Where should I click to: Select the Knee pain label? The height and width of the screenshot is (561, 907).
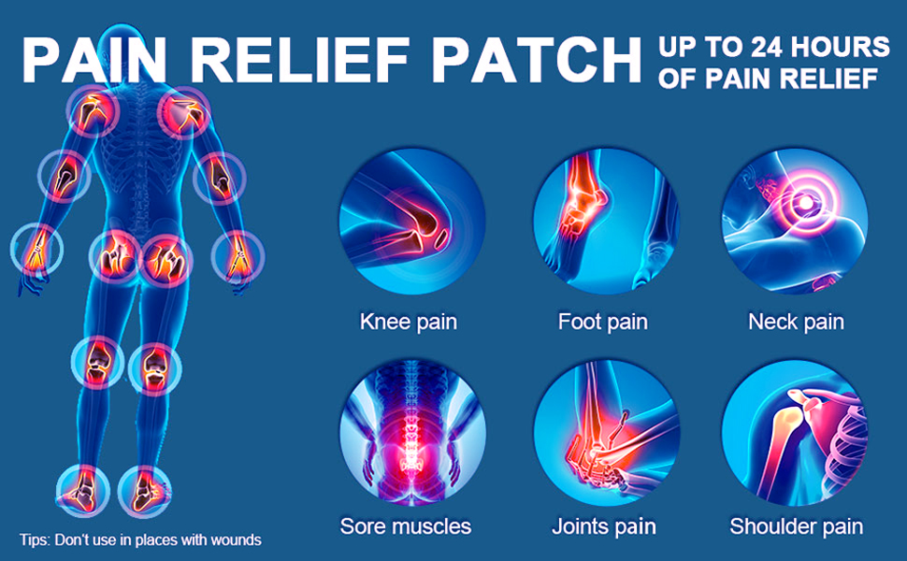(x=409, y=323)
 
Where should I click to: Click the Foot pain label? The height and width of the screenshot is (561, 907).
(x=602, y=323)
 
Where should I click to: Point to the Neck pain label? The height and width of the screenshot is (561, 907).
(x=796, y=323)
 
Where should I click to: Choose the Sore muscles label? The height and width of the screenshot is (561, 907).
(x=405, y=525)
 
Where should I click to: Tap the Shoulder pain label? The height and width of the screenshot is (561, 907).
(x=796, y=525)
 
